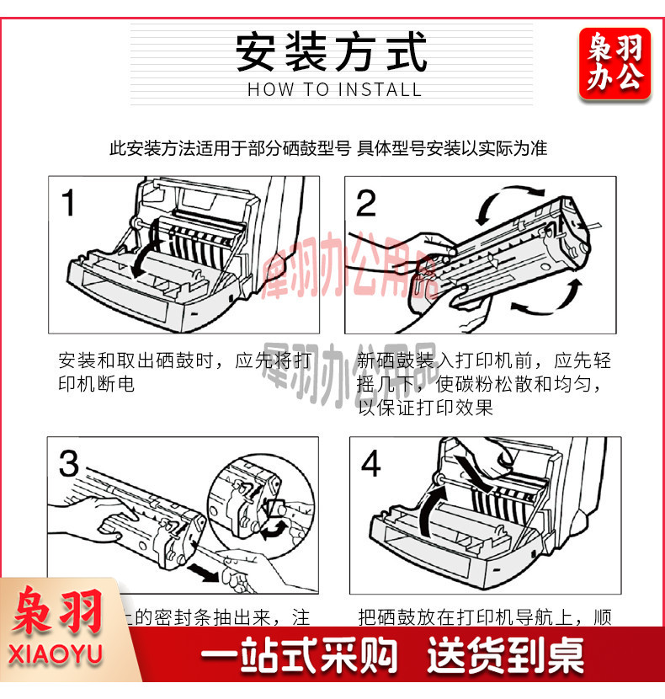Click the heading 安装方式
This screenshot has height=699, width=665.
coord(331,51)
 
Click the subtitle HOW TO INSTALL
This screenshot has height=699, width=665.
coord(334,90)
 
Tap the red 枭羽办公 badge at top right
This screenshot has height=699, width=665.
coord(614,64)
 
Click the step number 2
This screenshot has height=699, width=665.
coord(366,204)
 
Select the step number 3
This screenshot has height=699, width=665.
coord(69,464)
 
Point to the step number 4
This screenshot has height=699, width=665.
coord(370,464)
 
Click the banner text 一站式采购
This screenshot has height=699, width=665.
coord(297,658)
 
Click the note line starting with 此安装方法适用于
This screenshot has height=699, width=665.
coord(328,149)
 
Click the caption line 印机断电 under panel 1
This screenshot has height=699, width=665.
coord(96,384)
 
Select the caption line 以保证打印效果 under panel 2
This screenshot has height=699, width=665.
coord(425,408)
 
